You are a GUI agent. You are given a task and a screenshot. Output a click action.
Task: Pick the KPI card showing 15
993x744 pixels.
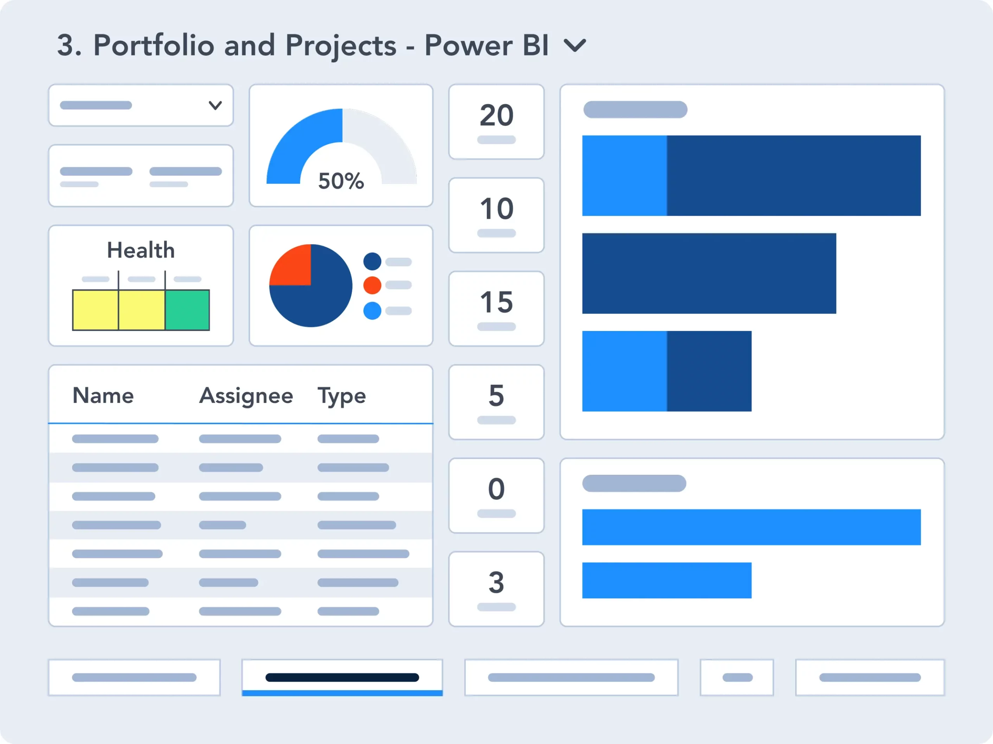pos(496,308)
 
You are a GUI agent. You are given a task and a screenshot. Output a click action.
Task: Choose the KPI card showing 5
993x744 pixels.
pos(496,402)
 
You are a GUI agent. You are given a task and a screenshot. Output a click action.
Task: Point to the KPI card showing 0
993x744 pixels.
pos(496,495)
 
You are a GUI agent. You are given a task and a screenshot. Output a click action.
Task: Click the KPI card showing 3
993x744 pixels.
pos(496,589)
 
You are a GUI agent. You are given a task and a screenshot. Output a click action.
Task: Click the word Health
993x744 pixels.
pos(140,250)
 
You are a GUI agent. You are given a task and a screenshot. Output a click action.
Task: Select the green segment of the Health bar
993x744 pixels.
pos(187,310)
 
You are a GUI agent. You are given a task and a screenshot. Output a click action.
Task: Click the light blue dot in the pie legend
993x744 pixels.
pos(372,311)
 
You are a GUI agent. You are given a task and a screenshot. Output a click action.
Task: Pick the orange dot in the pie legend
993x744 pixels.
pos(372,285)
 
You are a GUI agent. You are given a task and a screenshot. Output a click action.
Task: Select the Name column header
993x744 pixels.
pos(103,396)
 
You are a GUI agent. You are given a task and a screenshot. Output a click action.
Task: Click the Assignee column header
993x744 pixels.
pos(246,396)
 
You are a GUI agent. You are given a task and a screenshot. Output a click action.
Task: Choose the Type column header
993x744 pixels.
pos(342,396)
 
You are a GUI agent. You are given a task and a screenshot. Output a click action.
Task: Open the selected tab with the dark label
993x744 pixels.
pos(342,677)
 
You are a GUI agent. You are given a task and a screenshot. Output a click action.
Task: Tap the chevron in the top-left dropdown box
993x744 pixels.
pos(216,105)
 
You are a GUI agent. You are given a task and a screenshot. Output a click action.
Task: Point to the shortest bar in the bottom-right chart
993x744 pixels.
pos(667,580)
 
